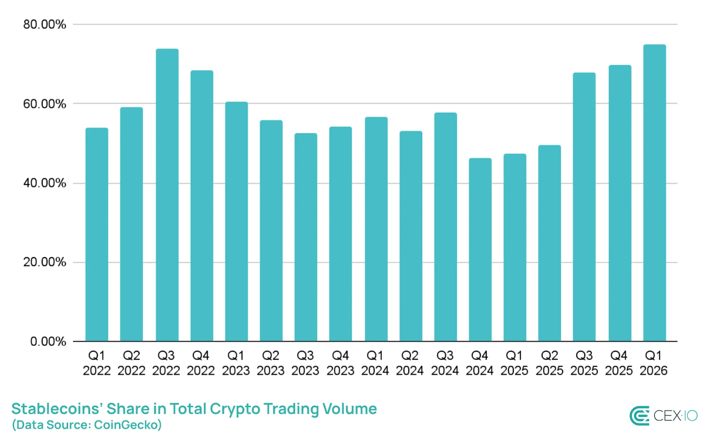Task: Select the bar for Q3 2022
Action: [x=167, y=195]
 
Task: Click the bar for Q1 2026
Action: [x=654, y=193]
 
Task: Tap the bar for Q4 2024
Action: [x=480, y=250]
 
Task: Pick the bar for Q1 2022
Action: [x=97, y=234]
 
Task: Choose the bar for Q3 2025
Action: [x=584, y=207]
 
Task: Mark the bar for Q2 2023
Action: [x=271, y=231]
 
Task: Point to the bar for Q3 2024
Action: [x=445, y=227]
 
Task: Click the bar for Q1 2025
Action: [x=515, y=247]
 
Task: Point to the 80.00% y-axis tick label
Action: [x=44, y=24]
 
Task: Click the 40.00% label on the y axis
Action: [x=44, y=183]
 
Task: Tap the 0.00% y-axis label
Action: [x=48, y=341]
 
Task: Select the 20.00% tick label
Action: [x=44, y=262]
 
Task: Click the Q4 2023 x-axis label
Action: [x=340, y=363]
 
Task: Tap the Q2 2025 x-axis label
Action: [x=549, y=363]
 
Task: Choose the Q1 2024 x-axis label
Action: [x=375, y=363]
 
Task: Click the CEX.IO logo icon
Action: [x=639, y=416]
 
